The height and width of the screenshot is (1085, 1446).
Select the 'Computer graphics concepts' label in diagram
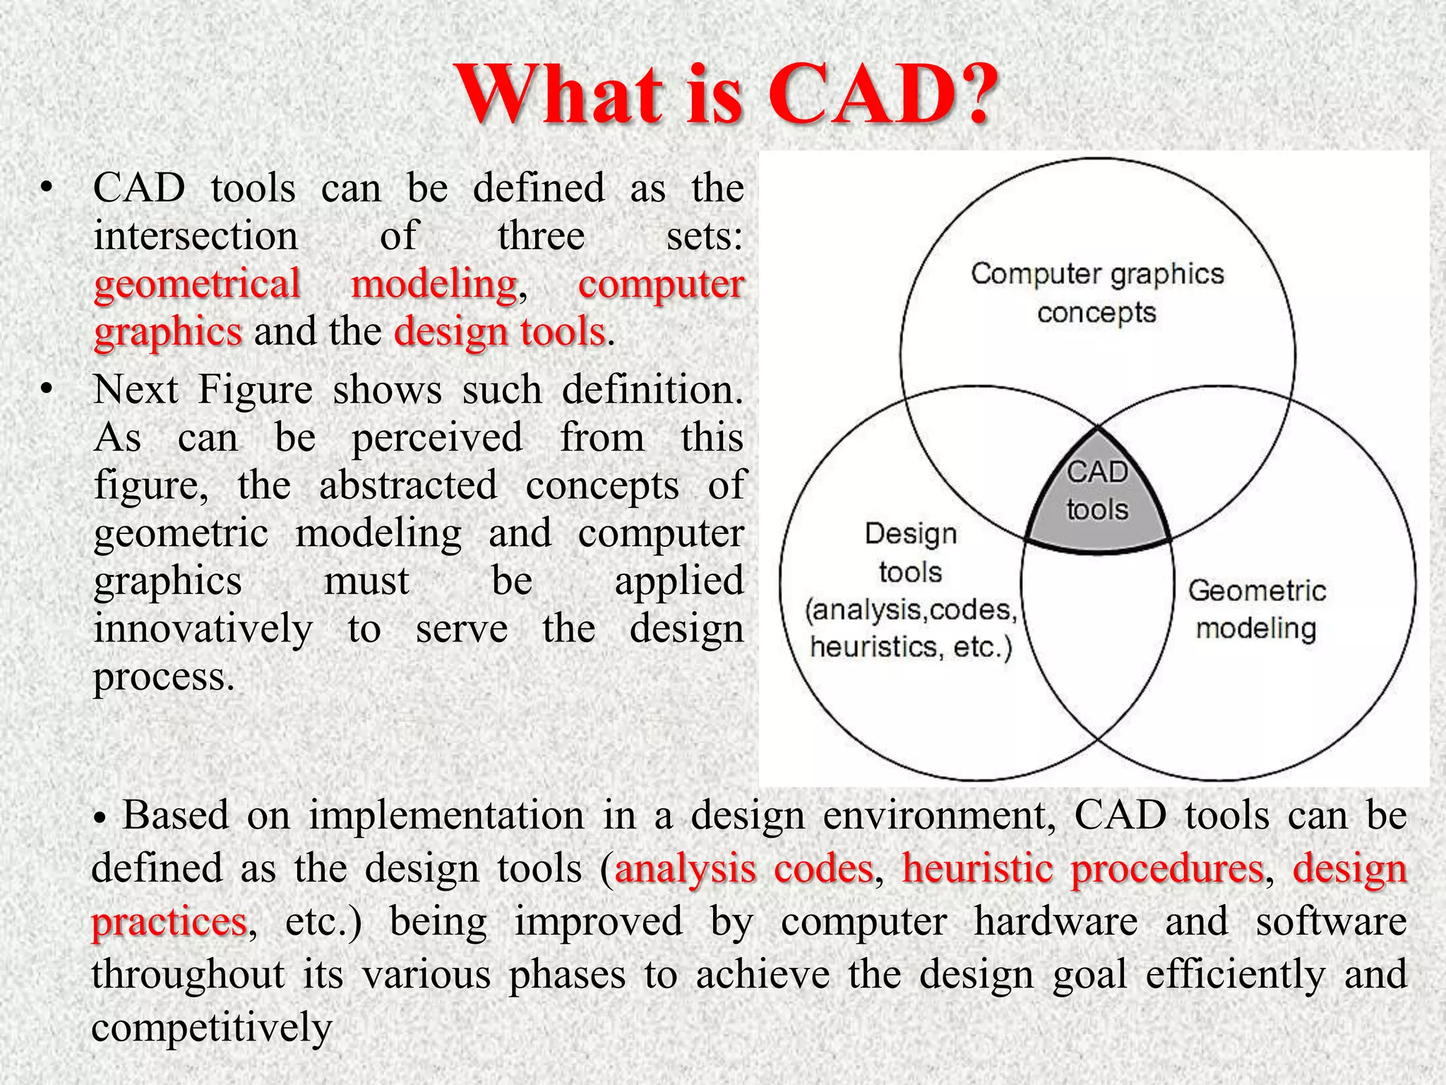[x=1097, y=292]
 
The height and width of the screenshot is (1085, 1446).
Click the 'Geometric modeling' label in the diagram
[x=1256, y=609]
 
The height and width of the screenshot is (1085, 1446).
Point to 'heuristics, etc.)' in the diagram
[x=911, y=647]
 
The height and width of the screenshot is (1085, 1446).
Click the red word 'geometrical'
[x=197, y=284]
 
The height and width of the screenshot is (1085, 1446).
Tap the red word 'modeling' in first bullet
[x=434, y=284]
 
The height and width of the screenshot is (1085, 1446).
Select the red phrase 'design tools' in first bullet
[x=500, y=331]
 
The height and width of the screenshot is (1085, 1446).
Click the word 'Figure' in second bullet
[x=254, y=389]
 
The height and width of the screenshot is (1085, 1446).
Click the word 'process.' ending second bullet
[x=163, y=677]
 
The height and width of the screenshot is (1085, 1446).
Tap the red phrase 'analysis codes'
[x=743, y=868]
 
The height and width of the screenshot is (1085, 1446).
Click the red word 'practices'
[x=169, y=922]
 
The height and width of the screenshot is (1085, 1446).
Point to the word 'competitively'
[x=211, y=1027]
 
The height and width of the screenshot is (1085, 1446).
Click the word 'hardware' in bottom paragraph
[x=1056, y=922]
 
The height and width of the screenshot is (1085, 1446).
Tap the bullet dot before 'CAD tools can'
[x=47, y=188]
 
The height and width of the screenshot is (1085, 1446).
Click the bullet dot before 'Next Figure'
[x=47, y=389]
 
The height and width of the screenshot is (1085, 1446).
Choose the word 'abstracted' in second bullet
[x=408, y=485]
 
